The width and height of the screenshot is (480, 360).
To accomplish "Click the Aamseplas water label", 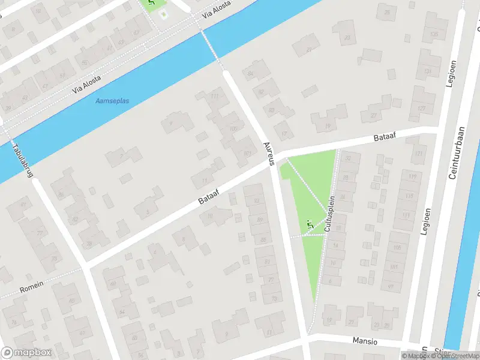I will tap(112, 101).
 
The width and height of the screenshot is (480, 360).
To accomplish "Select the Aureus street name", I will tap(269, 153).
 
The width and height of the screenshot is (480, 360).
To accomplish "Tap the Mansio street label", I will tap(365, 341).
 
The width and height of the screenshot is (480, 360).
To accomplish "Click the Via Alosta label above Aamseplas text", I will tap(86, 83).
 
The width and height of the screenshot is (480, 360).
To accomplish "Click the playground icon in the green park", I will tap(310, 225).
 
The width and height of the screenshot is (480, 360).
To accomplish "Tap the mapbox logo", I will tap(26, 353).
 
